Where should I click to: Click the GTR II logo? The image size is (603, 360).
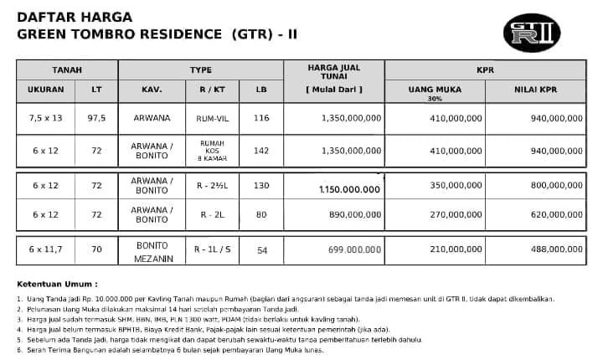coord(536,33)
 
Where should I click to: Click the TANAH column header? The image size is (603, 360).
coord(66,70)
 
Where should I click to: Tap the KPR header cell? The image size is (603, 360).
coord(485,70)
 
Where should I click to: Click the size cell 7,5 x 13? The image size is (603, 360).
coord(47,119)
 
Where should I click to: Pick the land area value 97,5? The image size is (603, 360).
coord(97,119)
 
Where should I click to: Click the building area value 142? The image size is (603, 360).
coord(261,151)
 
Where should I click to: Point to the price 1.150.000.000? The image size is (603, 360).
coord(349,190)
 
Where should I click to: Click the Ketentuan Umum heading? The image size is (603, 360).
coord(55,284)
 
